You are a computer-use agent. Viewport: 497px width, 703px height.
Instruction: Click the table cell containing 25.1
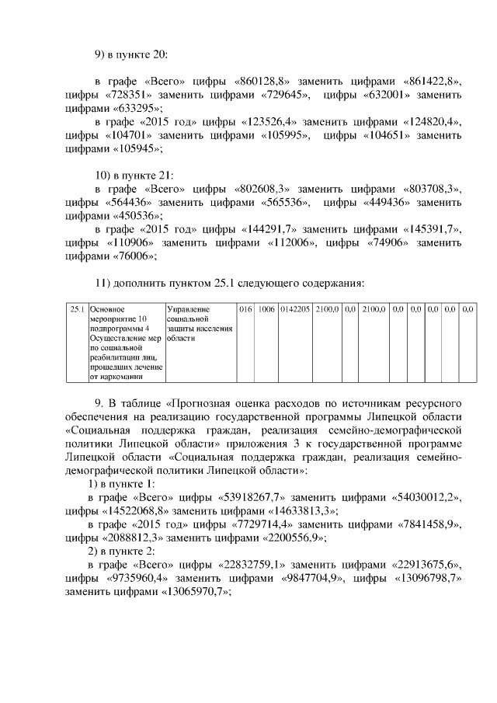point(77,309)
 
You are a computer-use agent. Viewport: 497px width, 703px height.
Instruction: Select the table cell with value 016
point(246,309)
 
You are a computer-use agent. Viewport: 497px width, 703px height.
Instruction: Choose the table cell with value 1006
point(266,309)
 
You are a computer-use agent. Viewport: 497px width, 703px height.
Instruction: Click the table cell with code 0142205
point(295,309)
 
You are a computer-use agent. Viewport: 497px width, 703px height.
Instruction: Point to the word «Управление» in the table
point(188,309)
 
